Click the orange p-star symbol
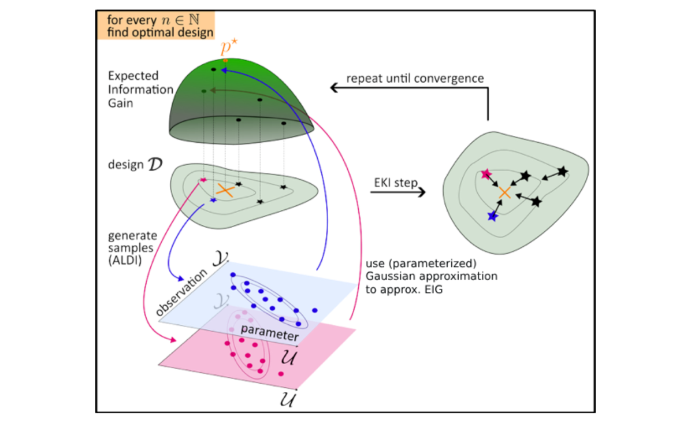click(226, 47)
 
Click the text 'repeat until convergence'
click(415, 78)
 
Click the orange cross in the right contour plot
click(504, 192)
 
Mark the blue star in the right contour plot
click(492, 216)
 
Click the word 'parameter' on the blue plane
click(270, 332)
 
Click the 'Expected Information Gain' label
click(140, 90)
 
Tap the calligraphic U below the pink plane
click(287, 399)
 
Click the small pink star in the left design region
click(203, 180)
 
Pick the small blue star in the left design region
click(213, 200)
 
